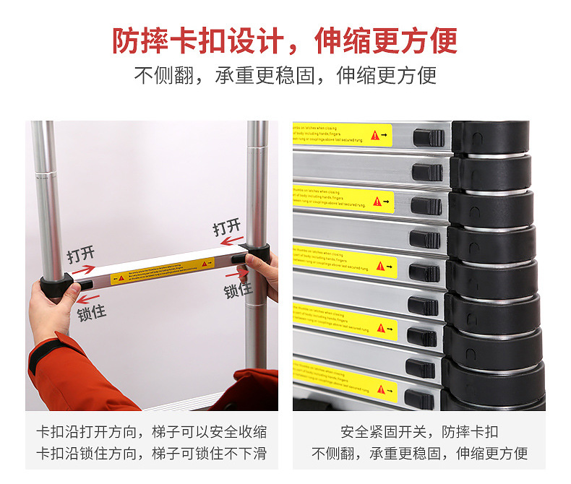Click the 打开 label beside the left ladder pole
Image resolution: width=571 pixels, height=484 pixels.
[x=81, y=254]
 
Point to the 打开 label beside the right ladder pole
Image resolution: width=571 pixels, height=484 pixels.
[x=227, y=228]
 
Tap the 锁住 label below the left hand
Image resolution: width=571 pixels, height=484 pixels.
[x=92, y=314]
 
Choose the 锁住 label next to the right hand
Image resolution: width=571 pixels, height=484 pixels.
[x=238, y=290]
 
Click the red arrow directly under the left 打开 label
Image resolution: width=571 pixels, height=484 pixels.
[x=84, y=269]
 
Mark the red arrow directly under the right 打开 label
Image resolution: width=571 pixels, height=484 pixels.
[x=231, y=242]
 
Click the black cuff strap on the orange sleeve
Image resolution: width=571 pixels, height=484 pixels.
[x=49, y=354]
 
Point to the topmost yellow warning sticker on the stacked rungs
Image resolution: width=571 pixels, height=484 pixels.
[x=343, y=134]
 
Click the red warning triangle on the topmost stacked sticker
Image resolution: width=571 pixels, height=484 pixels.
[x=374, y=135]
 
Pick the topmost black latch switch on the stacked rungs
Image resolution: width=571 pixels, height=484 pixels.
[x=428, y=137]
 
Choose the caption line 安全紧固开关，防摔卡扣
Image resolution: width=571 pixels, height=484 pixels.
[x=419, y=432]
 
